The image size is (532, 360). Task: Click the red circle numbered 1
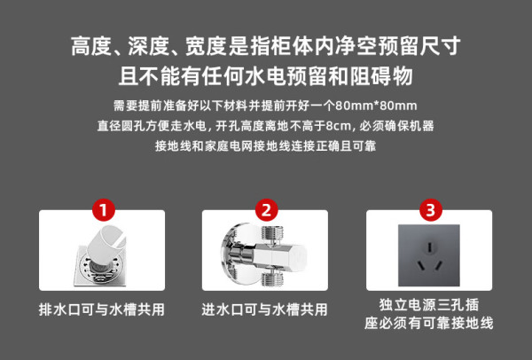(x=104, y=210)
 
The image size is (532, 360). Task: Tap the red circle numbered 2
(x=266, y=210)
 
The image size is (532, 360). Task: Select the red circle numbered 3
(x=431, y=210)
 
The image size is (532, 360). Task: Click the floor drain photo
(x=102, y=255)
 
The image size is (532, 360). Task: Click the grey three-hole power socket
(x=429, y=255)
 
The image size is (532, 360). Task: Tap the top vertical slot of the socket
(x=429, y=247)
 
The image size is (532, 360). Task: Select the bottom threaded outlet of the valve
(x=272, y=278)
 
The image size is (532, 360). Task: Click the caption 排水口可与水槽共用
(x=102, y=309)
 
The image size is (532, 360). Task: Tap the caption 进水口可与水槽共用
(x=264, y=309)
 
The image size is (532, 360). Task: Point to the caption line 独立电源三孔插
(x=429, y=305)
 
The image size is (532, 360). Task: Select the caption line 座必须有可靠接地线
(x=429, y=323)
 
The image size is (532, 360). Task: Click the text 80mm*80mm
(x=376, y=106)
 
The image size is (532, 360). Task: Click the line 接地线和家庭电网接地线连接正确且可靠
(x=265, y=146)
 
